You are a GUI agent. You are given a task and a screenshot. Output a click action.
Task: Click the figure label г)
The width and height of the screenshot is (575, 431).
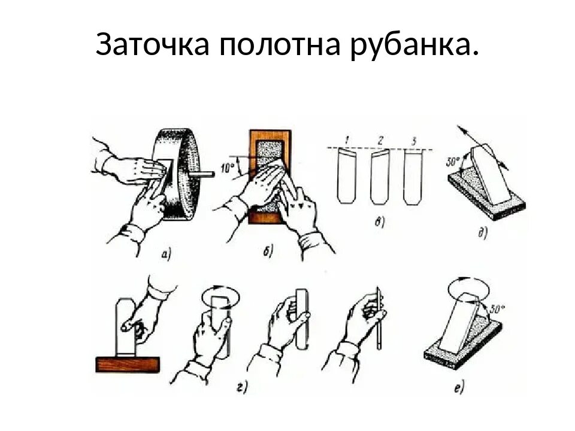[242, 388]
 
